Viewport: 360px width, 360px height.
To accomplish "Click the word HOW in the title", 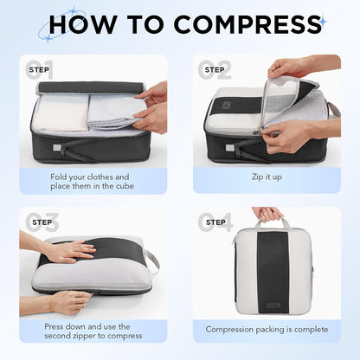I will [x=82, y=23].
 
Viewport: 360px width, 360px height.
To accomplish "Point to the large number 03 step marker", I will [x=42, y=223].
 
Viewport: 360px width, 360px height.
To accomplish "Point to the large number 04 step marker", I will [x=217, y=223].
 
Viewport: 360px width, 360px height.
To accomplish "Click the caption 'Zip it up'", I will [x=266, y=177].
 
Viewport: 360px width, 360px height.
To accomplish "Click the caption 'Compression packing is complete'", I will [x=266, y=330].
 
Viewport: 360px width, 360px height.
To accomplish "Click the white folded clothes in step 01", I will [x=61, y=112].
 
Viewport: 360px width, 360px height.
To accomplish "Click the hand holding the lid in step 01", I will [x=153, y=106].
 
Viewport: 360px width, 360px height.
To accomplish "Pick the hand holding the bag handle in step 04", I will [x=267, y=213].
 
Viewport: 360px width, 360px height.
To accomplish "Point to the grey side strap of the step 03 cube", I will [x=153, y=260].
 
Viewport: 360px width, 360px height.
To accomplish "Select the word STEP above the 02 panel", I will [x=214, y=68].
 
